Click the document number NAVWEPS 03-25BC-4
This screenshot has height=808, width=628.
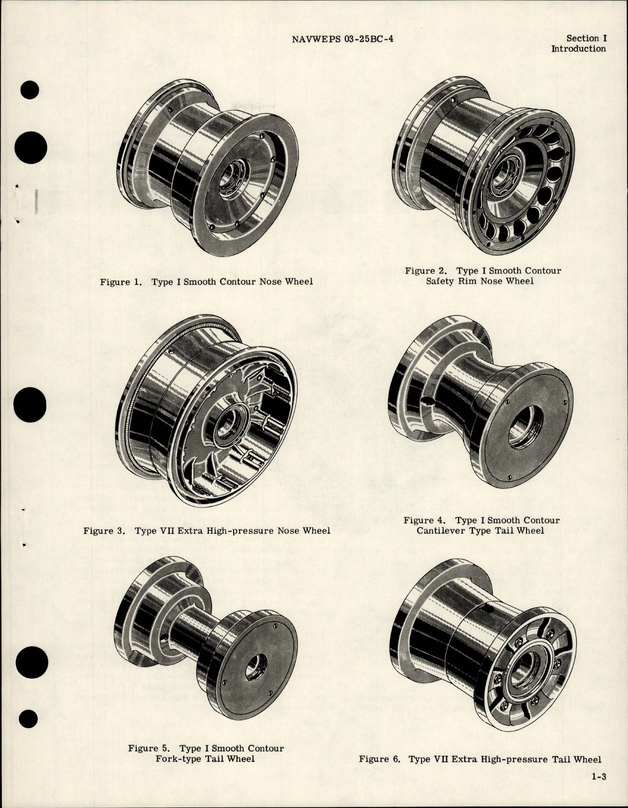point(342,38)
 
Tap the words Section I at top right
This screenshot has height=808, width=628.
point(583,38)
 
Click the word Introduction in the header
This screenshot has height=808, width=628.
point(578,49)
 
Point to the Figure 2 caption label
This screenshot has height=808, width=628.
point(426,271)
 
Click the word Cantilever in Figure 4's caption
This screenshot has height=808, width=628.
point(440,530)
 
